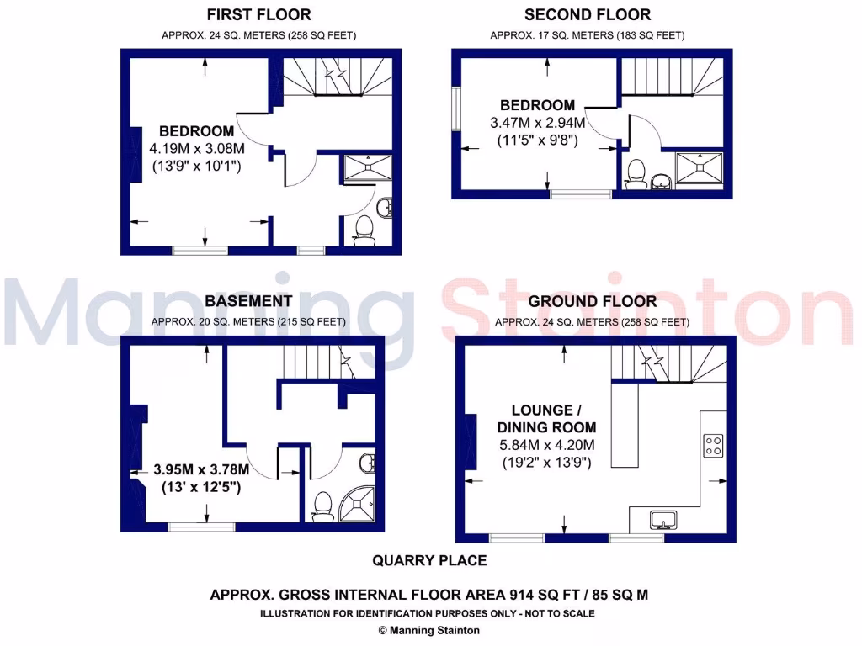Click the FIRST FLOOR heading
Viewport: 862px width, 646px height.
pos(258,15)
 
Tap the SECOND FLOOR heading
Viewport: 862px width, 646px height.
pos(587,15)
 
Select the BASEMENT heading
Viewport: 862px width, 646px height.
pos(248,301)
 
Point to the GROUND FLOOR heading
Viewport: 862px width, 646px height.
pos(593,301)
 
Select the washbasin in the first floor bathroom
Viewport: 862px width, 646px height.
pos(385,206)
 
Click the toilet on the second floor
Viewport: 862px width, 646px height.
pos(636,173)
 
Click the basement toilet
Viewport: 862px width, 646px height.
pos(321,505)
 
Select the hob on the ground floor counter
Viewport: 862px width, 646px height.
pos(713,443)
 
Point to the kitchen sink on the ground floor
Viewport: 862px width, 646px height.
pos(664,520)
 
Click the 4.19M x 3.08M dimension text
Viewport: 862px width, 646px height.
pos(196,149)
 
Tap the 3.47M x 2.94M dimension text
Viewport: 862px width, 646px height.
pos(538,123)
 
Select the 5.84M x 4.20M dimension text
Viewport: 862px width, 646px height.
pos(546,446)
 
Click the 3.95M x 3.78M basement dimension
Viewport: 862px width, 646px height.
pos(201,469)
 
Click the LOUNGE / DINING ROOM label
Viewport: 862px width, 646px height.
pos(546,419)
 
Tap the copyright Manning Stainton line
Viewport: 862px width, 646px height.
pos(429,630)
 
